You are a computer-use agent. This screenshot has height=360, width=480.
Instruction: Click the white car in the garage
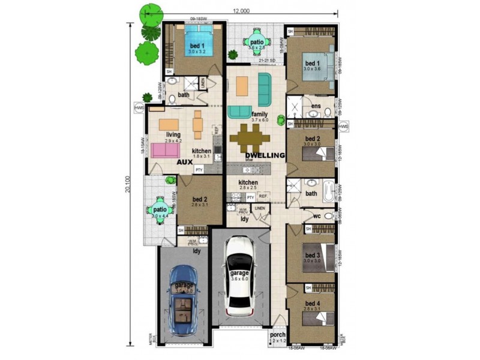click(x=240, y=276)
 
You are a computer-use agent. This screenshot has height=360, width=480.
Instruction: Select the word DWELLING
click(x=265, y=155)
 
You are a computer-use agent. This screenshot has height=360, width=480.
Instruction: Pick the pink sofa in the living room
click(x=166, y=149)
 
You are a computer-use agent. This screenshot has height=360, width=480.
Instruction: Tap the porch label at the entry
click(x=278, y=335)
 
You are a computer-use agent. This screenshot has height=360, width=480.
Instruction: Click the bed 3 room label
click(x=312, y=255)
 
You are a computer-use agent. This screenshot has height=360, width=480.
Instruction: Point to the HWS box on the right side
click(x=344, y=127)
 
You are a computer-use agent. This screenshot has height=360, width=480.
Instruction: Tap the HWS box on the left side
click(x=139, y=107)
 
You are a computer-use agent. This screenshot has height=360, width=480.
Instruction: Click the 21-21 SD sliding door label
click(x=266, y=61)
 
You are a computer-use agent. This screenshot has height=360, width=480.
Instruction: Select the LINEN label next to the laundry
click(x=259, y=208)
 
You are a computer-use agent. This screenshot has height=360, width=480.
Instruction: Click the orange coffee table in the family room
click(x=241, y=87)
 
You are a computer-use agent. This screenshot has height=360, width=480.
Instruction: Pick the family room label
click(x=260, y=114)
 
